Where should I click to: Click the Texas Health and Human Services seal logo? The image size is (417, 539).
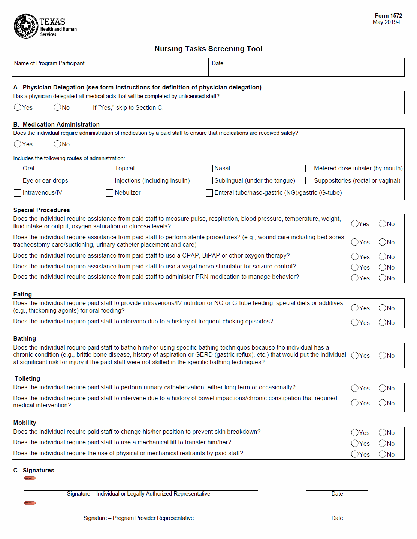click(26, 26)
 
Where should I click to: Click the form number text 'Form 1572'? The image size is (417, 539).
click(388, 16)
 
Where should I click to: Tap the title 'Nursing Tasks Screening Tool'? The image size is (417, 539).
click(208, 49)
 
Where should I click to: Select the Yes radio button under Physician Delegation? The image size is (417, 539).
click(18, 107)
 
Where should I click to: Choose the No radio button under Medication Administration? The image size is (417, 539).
click(57, 144)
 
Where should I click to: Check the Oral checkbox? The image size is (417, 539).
click(18, 168)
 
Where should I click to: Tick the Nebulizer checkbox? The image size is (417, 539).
click(110, 193)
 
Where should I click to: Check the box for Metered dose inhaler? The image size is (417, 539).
click(309, 168)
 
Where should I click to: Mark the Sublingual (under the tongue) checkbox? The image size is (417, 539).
click(209, 181)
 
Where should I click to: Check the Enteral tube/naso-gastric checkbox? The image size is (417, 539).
click(209, 193)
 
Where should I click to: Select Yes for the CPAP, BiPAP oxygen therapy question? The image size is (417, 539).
click(355, 256)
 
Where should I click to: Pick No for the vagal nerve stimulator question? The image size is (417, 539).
click(382, 267)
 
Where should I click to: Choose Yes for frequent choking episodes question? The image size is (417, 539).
click(355, 322)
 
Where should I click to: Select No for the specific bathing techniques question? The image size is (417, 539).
click(382, 356)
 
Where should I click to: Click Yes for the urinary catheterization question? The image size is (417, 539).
click(355, 388)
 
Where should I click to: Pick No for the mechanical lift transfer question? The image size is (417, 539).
click(382, 444)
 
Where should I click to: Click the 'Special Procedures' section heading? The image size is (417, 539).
click(42, 210)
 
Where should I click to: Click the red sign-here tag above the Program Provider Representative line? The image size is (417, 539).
click(30, 503)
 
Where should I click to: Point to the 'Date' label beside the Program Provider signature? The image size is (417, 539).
click(337, 518)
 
